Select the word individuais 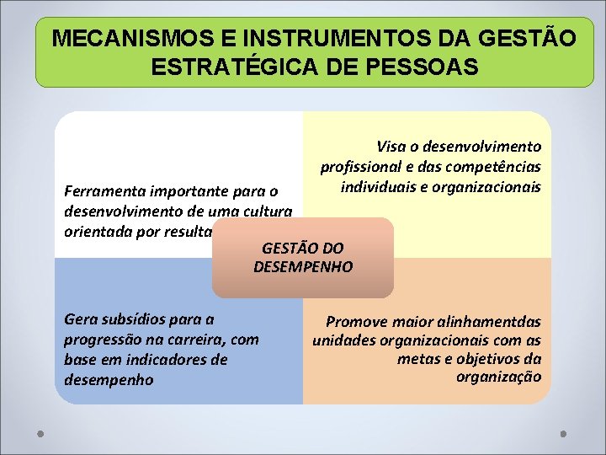point(379,185)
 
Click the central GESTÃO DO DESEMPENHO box point(303,258)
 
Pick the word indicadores point(160,360)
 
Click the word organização point(498,377)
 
